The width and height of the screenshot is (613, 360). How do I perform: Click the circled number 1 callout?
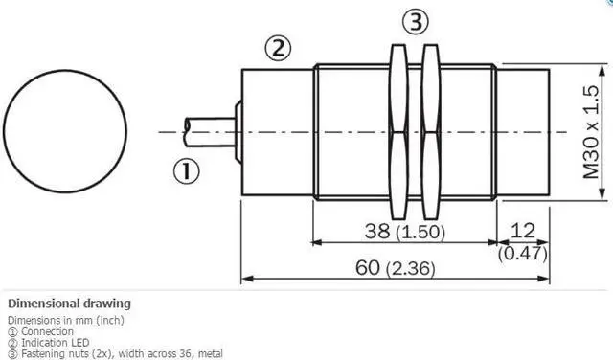186,171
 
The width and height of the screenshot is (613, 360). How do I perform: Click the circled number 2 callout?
279,49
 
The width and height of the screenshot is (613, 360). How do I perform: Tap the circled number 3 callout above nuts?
416,21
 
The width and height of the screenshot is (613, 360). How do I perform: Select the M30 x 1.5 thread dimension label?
591,132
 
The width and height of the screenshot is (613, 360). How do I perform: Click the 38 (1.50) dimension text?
405,231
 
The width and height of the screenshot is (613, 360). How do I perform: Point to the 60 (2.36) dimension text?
396,268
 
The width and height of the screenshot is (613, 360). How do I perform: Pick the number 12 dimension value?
522,231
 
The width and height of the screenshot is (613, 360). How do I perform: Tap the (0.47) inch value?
523,254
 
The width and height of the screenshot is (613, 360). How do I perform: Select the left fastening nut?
398,132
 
